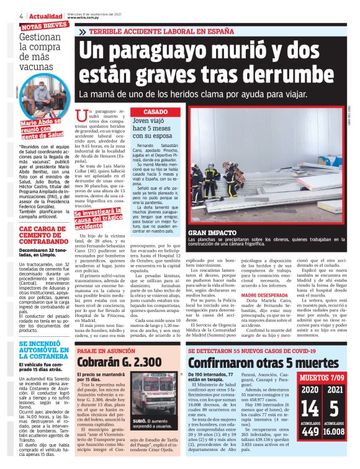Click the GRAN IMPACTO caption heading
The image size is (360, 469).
(210, 232)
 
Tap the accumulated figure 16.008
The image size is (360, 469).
(333, 449)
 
